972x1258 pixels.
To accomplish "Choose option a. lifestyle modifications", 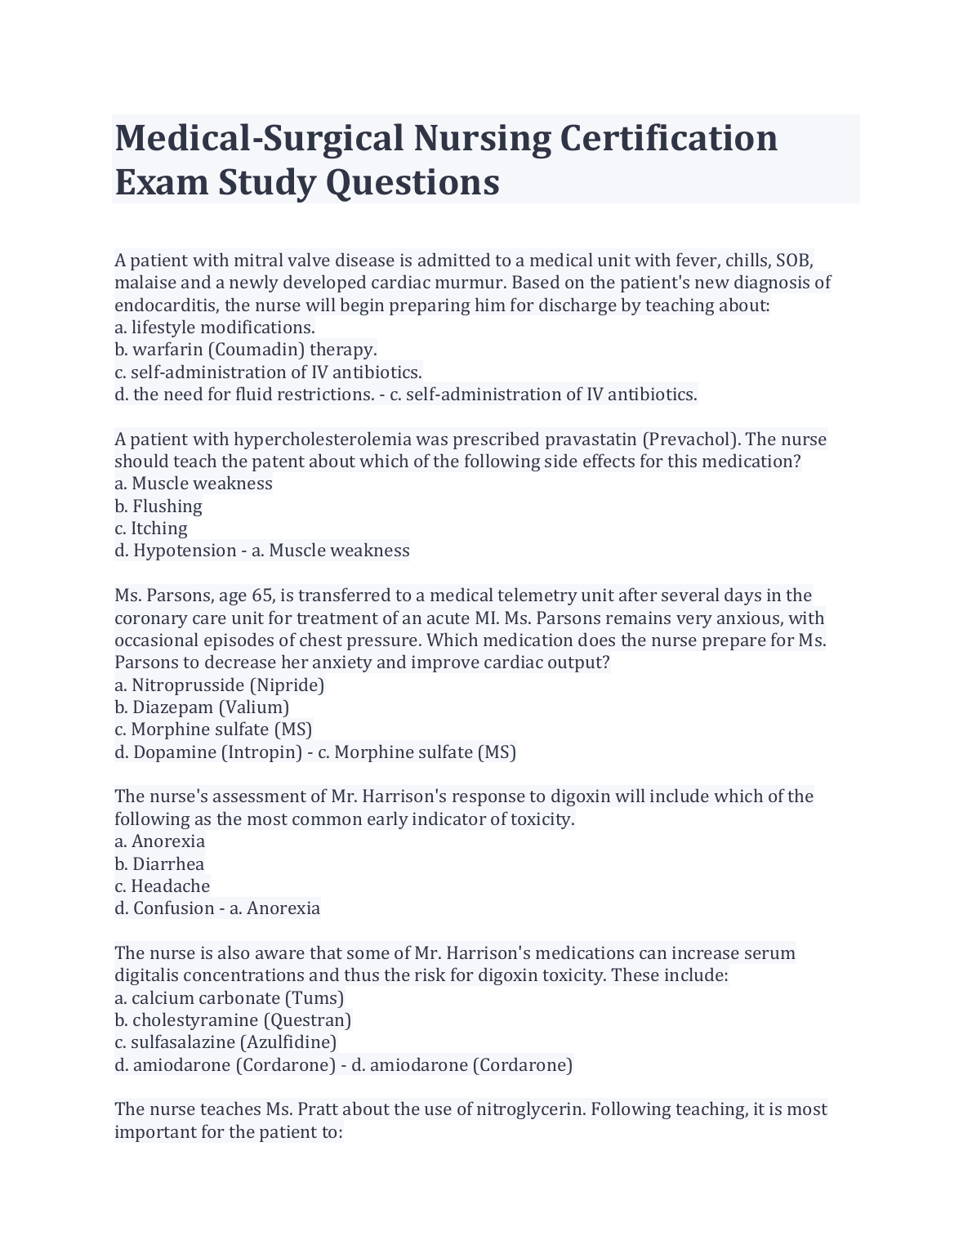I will [214, 328].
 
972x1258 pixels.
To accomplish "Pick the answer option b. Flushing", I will [158, 506].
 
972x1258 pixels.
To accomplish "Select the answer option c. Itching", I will [151, 529].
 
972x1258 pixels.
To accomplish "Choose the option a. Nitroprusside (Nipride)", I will [220, 685].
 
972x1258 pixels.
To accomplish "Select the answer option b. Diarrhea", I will [159, 864].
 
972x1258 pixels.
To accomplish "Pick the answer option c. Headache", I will [162, 886].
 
